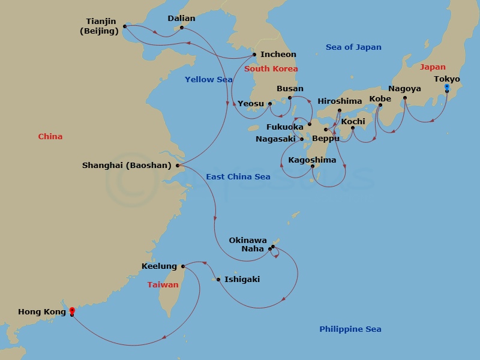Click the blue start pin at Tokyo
[447, 88]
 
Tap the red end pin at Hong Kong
[72, 311]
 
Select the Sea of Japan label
[353, 47]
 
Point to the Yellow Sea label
[208, 79]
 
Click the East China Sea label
[238, 176]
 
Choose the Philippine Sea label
[350, 329]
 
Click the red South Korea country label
[271, 69]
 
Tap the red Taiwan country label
[163, 284]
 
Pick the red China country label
[50, 136]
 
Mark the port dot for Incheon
[254, 55]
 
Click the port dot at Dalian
[182, 28]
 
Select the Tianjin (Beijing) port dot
[125, 26]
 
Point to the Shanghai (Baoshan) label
[127, 165]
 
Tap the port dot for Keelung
[183, 266]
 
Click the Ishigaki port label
[242, 279]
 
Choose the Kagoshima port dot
[313, 166]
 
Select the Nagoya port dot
[404, 98]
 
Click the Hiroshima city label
[340, 101]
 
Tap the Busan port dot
[290, 98]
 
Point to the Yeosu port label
[250, 103]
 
